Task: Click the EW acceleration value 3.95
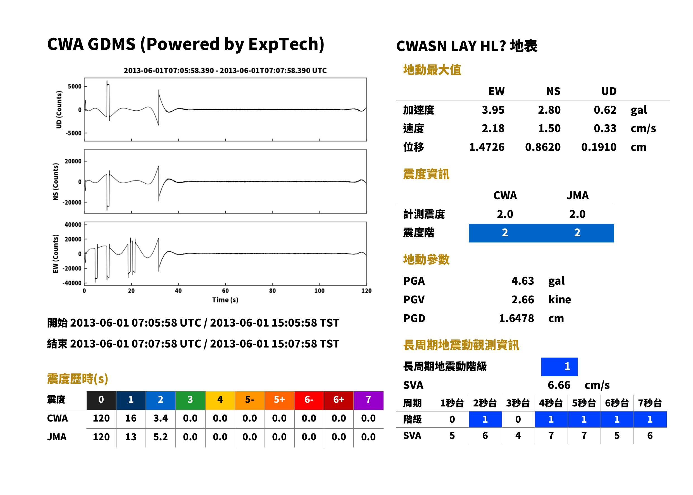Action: coord(493,110)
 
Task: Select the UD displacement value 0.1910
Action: coord(599,147)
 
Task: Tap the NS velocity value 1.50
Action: coord(549,128)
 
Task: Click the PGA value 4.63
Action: coord(522,281)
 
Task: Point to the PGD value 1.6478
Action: coord(516,318)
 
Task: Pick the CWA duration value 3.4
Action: coord(161,418)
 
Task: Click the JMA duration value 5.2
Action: coord(161,437)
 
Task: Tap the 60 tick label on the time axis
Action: coord(225,291)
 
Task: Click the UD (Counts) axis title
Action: coord(59,110)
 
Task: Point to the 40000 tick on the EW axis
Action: coord(73,225)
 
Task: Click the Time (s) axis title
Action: coord(225,300)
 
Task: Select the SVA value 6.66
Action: coord(559,385)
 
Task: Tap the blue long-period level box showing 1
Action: coord(559,367)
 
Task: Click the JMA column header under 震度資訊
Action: coord(578,195)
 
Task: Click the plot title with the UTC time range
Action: coord(225,70)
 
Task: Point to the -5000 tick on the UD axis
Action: coord(74,133)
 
